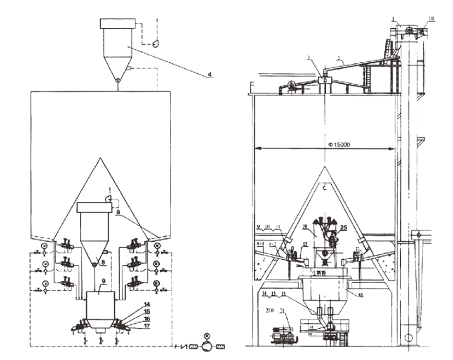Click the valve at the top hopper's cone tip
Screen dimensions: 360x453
point(118,80)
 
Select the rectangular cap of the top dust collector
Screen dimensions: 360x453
point(118,23)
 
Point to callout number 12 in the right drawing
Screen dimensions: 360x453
point(305,244)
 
